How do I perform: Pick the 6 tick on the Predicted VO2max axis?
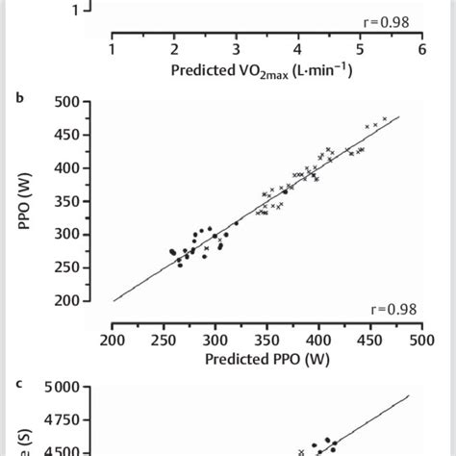coord(421,49)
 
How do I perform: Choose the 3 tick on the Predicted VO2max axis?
coord(236,49)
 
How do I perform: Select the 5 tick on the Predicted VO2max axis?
coord(360,49)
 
